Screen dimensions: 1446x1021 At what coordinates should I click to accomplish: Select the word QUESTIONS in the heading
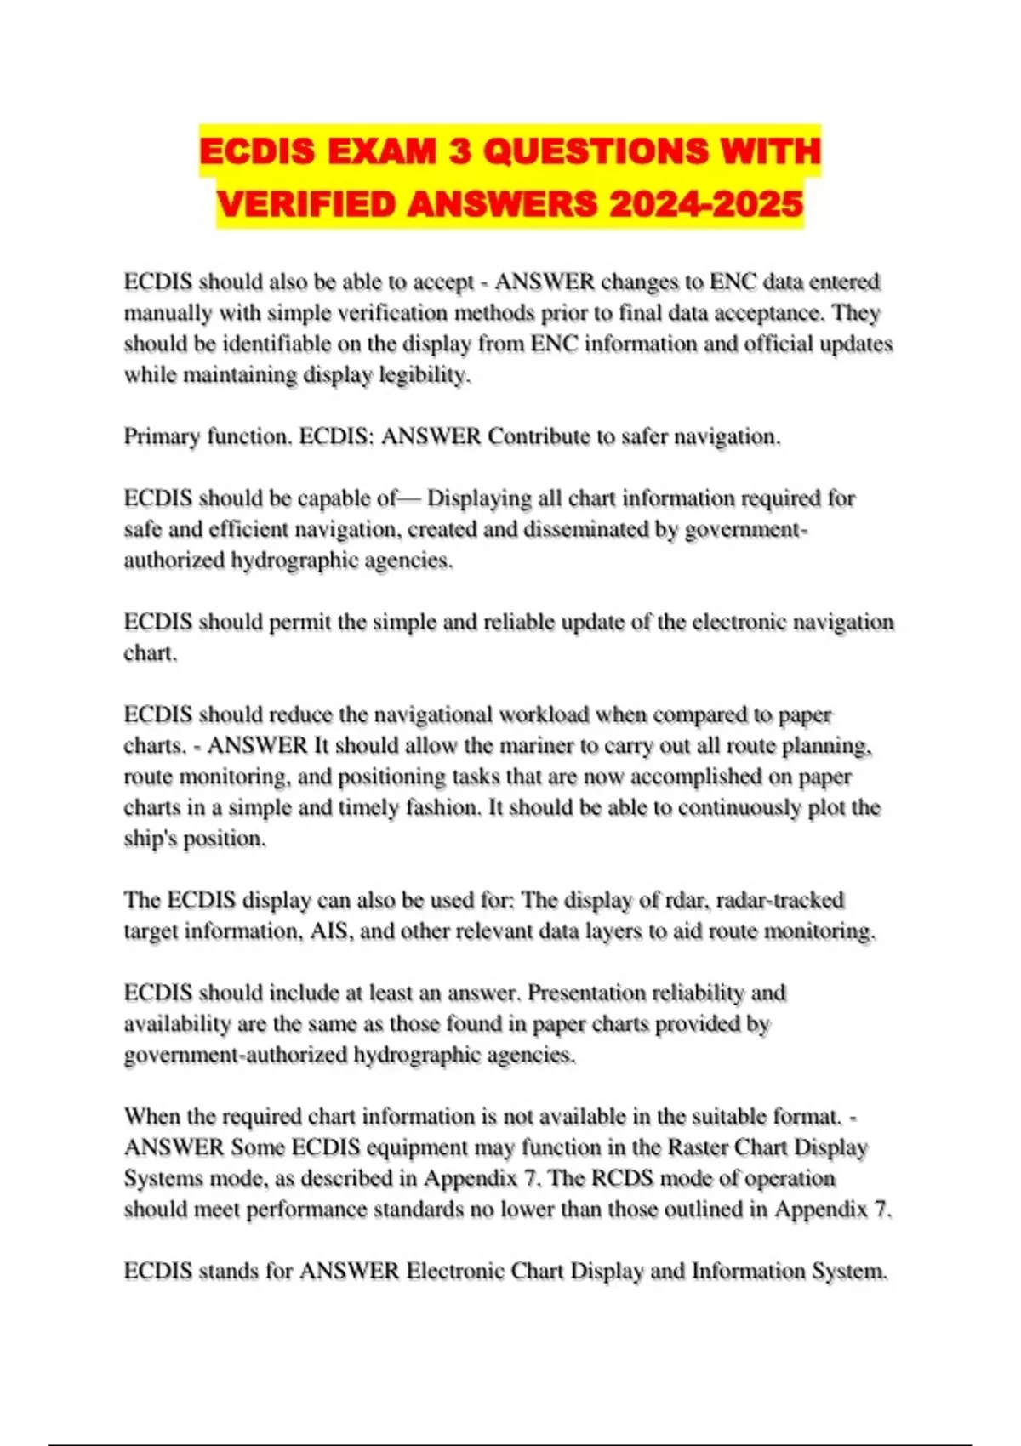[595, 152]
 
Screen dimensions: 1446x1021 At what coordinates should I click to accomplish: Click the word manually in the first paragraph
[168, 313]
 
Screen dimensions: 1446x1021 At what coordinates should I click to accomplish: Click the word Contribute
[539, 437]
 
